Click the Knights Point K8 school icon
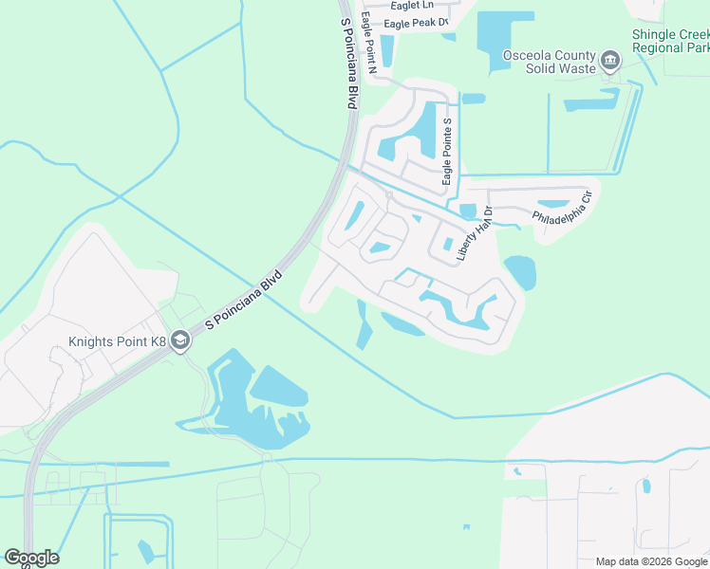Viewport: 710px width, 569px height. point(180,342)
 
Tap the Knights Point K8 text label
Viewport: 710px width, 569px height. point(117,342)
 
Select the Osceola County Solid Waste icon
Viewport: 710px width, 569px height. point(610,63)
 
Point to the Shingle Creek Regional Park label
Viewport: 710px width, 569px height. point(671,41)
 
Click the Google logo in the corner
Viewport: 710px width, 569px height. point(31,558)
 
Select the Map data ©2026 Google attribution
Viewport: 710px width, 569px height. point(650,561)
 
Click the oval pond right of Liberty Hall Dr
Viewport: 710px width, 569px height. point(520,272)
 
